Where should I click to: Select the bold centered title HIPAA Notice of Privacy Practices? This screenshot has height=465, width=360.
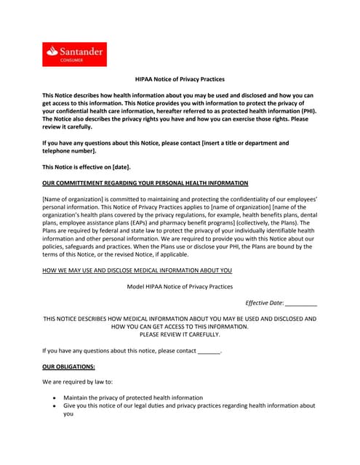click(x=180, y=78)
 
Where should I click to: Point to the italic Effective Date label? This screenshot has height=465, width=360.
click(x=264, y=302)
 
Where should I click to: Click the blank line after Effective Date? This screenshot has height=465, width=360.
click(x=300, y=303)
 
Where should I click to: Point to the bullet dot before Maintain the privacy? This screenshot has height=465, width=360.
click(x=55, y=398)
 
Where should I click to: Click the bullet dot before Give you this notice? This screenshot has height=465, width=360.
click(x=55, y=406)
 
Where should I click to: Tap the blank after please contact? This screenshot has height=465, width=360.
click(x=209, y=351)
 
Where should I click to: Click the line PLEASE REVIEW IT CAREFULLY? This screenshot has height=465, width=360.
click(x=180, y=334)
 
